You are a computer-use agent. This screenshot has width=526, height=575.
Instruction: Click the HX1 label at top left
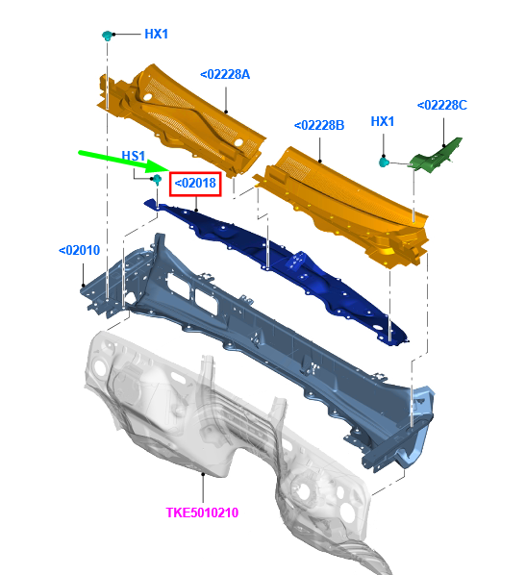156,34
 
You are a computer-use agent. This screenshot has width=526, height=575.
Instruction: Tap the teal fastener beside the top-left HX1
107,36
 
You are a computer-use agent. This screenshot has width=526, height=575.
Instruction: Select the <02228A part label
225,74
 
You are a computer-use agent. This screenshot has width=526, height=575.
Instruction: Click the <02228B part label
319,125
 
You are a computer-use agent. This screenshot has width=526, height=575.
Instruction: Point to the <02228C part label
442,105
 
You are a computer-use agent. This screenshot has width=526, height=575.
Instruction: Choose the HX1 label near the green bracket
383,121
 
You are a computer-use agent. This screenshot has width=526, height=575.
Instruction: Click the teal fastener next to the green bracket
384,162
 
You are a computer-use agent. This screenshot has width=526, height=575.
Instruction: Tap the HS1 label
134,156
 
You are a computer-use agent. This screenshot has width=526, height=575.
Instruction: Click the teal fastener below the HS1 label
157,179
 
